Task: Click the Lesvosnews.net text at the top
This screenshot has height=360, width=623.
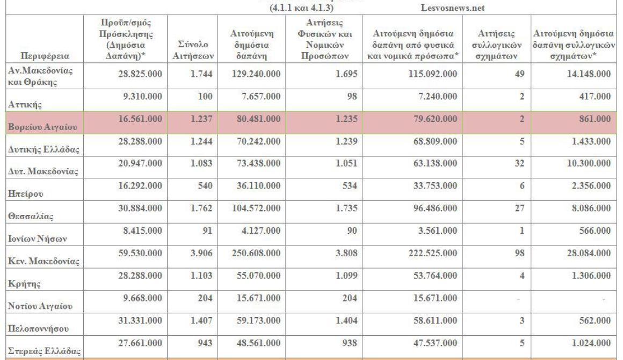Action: (x=453, y=8)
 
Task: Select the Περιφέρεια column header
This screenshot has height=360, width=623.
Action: (x=45, y=56)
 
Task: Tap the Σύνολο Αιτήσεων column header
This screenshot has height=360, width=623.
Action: (x=193, y=51)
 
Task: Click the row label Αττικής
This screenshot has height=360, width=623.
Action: (x=25, y=104)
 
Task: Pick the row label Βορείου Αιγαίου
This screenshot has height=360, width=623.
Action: (x=42, y=127)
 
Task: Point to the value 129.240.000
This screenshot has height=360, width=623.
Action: (x=256, y=74)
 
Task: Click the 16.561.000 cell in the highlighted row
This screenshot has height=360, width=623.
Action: (x=140, y=119)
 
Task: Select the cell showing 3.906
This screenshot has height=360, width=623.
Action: (x=201, y=253)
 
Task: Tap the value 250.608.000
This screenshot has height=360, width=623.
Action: (x=256, y=253)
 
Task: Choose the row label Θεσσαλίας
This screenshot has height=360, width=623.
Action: (x=31, y=217)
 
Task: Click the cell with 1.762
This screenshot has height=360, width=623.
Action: (x=201, y=208)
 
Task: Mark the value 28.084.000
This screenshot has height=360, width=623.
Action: (x=589, y=253)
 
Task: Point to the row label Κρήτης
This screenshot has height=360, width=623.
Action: (x=24, y=284)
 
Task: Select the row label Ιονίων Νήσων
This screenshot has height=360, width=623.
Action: (x=38, y=239)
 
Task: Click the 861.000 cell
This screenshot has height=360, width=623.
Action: (x=595, y=119)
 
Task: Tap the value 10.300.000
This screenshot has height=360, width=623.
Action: (x=589, y=163)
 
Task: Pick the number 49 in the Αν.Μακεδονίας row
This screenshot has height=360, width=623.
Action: (x=520, y=74)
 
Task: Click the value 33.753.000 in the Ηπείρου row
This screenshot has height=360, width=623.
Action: (x=435, y=186)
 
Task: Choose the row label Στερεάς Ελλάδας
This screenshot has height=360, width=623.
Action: (x=44, y=351)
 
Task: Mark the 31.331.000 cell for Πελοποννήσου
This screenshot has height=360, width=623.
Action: (x=140, y=321)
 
